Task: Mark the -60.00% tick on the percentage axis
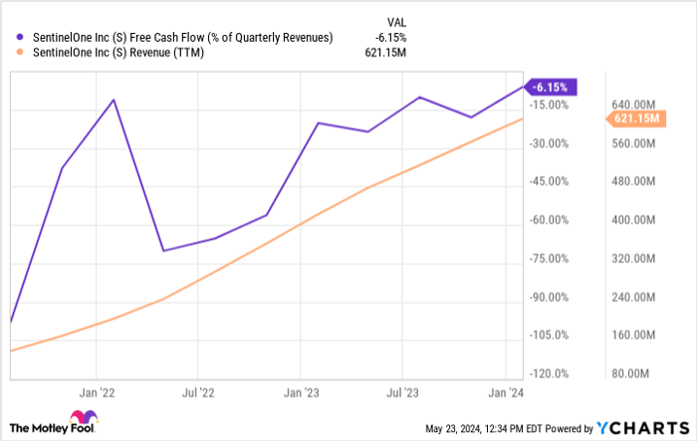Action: tap(550, 220)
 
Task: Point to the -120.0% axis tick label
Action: tap(550, 374)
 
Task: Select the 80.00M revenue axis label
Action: tap(631, 374)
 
